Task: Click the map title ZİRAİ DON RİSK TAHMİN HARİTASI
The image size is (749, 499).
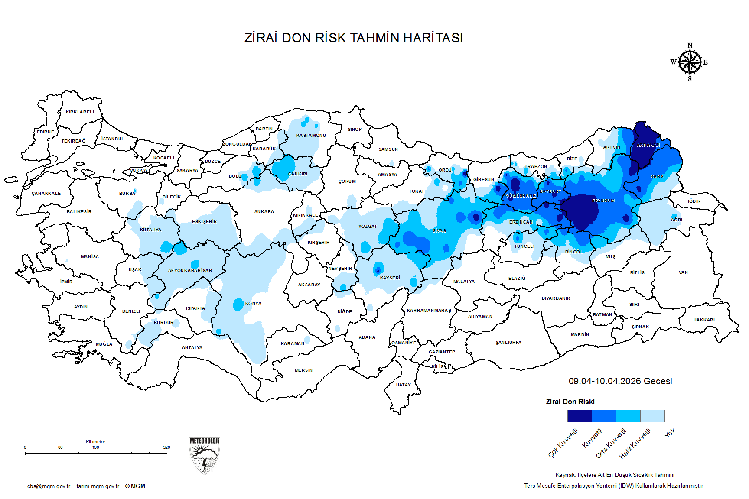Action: (x=353, y=38)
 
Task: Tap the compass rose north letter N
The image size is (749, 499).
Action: (x=690, y=45)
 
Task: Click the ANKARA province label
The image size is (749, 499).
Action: (x=264, y=212)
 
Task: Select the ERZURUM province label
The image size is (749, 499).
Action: (x=603, y=201)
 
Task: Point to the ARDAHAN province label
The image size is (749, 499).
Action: (x=648, y=146)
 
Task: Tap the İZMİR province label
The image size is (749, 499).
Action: (x=66, y=282)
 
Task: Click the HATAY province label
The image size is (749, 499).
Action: (x=403, y=385)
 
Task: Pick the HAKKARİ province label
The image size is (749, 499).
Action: (x=704, y=320)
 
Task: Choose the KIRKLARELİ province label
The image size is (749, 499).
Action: (x=80, y=112)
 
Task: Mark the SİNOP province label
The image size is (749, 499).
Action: (x=355, y=130)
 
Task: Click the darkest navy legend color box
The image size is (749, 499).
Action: (x=580, y=416)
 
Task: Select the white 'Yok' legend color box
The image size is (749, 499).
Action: (x=677, y=416)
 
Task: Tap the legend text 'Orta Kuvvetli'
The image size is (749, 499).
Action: (x=611, y=443)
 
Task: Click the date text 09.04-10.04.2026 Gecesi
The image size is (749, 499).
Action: (x=620, y=381)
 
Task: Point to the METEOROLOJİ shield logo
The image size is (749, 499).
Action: (x=204, y=456)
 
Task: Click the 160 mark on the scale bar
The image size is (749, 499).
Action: (x=95, y=447)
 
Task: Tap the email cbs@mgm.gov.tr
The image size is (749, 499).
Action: (x=49, y=486)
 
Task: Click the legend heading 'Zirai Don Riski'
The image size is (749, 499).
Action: (x=570, y=402)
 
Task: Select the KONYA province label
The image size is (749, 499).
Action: (x=253, y=304)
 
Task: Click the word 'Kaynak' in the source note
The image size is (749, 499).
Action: (x=565, y=475)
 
